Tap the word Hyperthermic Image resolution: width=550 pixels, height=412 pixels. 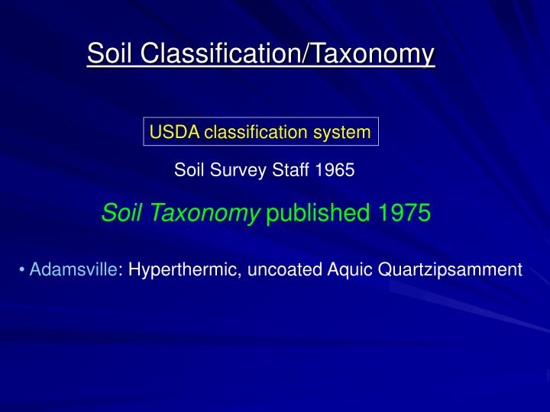pyautogui.click(x=182, y=270)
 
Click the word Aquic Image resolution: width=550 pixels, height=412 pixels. pyautogui.click(x=353, y=270)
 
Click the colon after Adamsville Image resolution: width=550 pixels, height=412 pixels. pyautogui.click(x=121, y=271)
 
